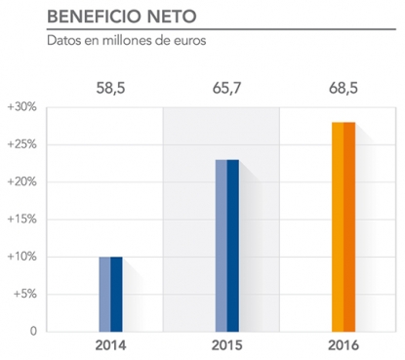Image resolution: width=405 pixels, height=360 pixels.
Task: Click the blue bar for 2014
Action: click(x=110, y=294)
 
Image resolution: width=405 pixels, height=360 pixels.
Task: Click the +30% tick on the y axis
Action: click(x=21, y=106)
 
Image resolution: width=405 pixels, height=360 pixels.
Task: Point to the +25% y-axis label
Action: click(x=21, y=144)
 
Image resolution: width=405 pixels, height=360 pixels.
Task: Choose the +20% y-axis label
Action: click(x=21, y=181)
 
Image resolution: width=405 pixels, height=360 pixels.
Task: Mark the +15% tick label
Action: click(x=21, y=220)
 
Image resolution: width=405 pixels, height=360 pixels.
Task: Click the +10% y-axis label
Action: click(x=21, y=257)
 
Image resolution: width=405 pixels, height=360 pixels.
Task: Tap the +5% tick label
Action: click(x=24, y=294)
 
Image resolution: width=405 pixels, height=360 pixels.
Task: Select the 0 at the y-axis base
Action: click(x=33, y=332)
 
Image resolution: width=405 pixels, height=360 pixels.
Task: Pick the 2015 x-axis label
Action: click(x=226, y=346)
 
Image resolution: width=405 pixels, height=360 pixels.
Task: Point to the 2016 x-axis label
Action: click(x=343, y=346)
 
